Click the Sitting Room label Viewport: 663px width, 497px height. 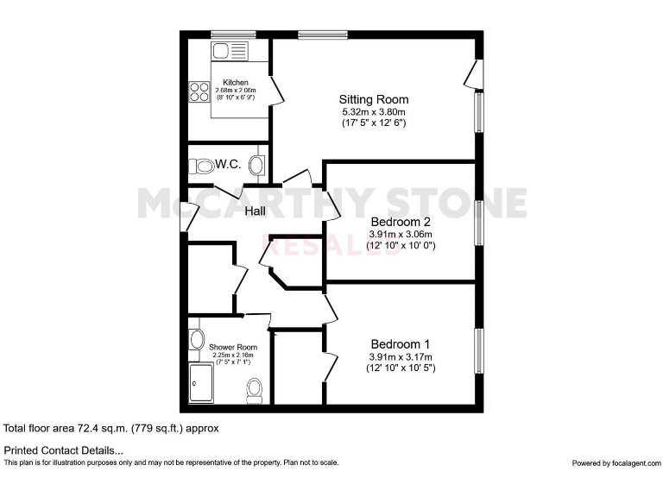pos(373,99)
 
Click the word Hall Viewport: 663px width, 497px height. pos(256,211)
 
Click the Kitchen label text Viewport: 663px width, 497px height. pos(236,83)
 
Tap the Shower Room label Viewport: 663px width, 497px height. pos(233,347)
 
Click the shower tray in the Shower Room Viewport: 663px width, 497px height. pos(204,382)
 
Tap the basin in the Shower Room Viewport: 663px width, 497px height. pos(195,339)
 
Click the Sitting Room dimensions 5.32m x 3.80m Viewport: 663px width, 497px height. pos(373,111)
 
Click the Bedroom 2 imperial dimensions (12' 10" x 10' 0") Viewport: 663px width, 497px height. pos(402,245)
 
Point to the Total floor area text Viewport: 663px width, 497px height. pos(111,428)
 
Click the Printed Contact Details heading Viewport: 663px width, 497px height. pos(64,450)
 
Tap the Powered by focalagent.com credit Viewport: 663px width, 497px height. pos(616,463)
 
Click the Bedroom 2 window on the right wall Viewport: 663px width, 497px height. pos(477,221)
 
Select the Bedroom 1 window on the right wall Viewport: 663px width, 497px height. pos(477,350)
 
